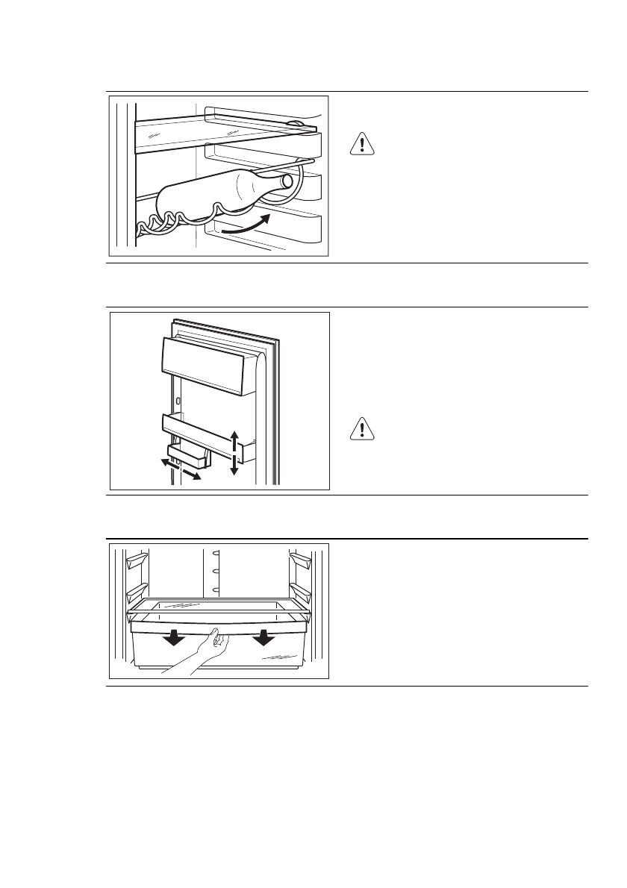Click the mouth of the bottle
[287, 181]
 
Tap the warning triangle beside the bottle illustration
[361, 144]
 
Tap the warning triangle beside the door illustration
[361, 429]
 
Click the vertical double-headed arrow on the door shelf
[234, 451]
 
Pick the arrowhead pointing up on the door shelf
[234, 435]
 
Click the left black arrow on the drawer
[174, 638]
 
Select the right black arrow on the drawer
[263, 638]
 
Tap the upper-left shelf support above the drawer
[137, 559]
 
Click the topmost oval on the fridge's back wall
[215, 554]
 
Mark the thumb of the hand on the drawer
[213, 634]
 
